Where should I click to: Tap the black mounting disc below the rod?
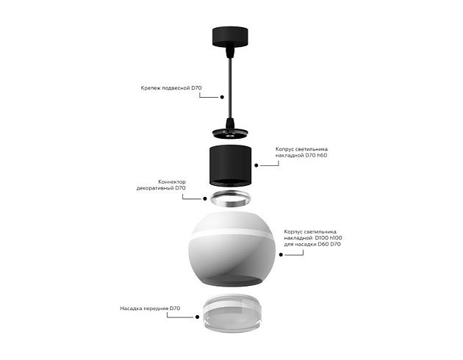pyautogui.click(x=231, y=133)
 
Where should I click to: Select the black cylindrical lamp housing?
pyautogui.click(x=231, y=165)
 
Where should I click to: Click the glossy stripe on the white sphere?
pyautogui.click(x=231, y=236)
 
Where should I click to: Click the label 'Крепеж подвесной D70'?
pyautogui.click(x=171, y=88)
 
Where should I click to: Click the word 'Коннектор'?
pyautogui.click(x=172, y=181)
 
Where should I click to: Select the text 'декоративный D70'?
pyautogui.click(x=161, y=188)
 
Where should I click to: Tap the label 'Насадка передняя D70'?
pyautogui.click(x=150, y=308)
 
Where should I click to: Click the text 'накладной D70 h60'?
pyautogui.click(x=301, y=155)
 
